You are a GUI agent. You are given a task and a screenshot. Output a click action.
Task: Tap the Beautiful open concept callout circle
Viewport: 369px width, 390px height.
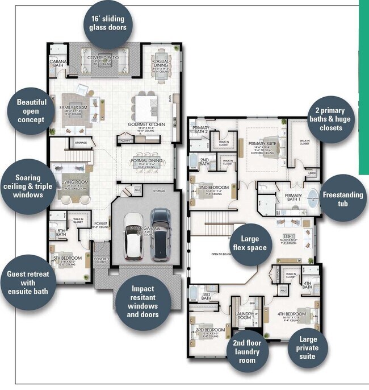click(x=31, y=111)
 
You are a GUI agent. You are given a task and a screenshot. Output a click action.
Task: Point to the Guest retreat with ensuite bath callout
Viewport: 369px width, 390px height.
click(x=27, y=282)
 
